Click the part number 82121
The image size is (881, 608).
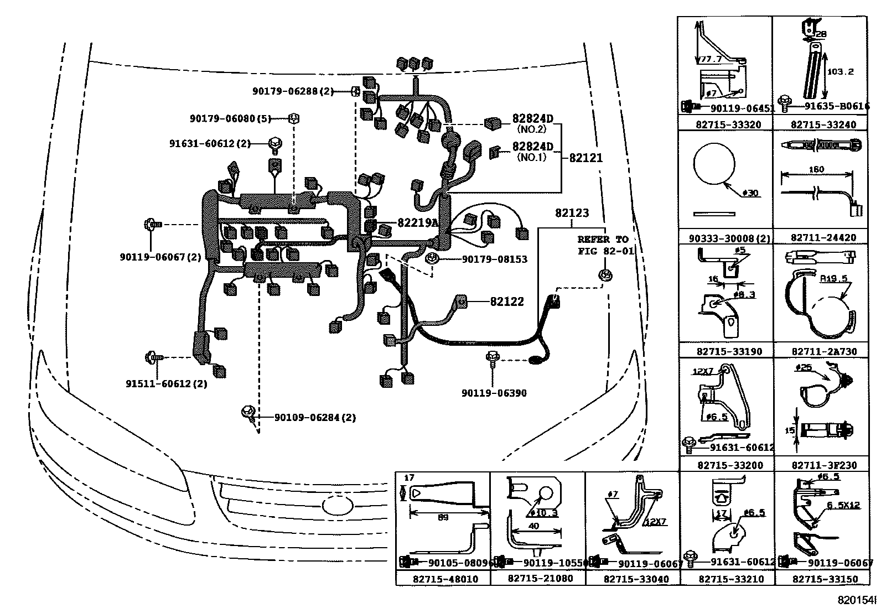coord(585,158)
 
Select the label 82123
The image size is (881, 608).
coord(572,213)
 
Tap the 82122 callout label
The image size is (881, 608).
coord(506,302)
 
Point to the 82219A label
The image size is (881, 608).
coord(417,223)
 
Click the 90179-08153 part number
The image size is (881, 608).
coord(494,259)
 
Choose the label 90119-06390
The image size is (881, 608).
coord(494,393)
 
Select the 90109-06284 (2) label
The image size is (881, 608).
coord(315,417)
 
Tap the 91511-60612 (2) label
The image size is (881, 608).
coord(166,383)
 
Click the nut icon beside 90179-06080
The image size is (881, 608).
coord(294,118)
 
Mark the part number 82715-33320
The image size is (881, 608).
coord(725,125)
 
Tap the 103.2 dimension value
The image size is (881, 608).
coord(840,71)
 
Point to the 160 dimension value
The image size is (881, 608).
coord(816,169)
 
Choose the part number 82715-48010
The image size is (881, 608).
coord(443,579)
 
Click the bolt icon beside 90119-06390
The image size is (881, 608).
coord(491,358)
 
